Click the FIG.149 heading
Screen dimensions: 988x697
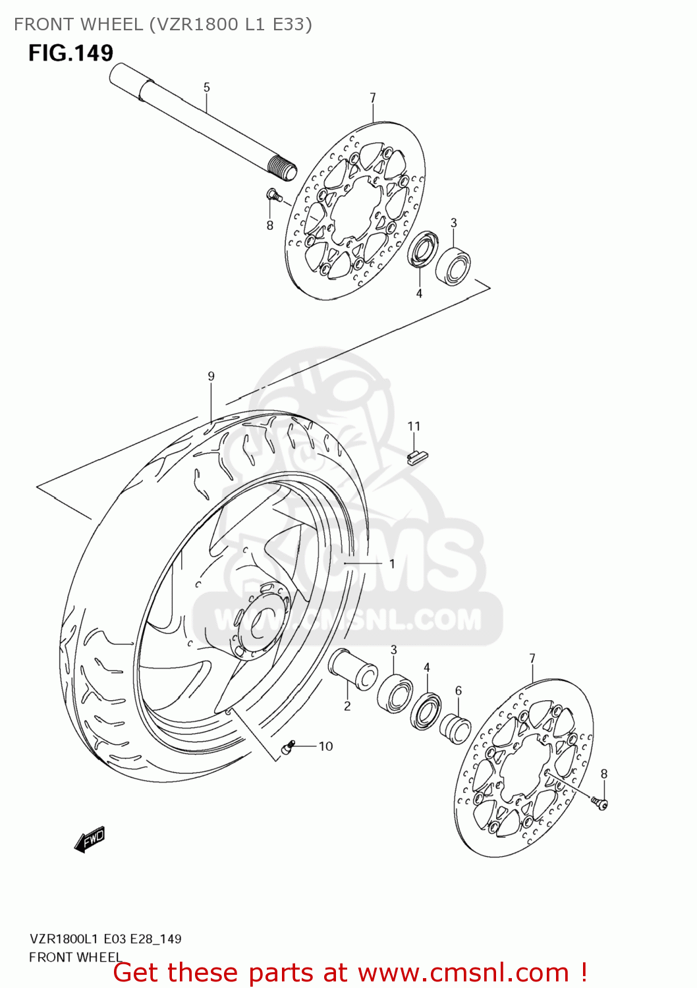70,53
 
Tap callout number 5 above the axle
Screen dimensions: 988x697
206,88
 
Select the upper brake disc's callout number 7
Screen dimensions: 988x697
373,98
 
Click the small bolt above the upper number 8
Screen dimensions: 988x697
273,194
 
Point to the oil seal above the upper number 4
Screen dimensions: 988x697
422,250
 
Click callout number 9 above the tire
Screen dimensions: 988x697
211,376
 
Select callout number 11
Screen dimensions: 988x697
414,426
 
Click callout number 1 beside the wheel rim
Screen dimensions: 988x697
392,564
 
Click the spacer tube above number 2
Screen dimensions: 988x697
353,668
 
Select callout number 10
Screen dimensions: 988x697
325,746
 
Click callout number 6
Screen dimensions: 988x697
459,691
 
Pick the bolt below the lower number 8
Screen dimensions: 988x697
599,802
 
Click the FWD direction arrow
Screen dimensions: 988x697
90,840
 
